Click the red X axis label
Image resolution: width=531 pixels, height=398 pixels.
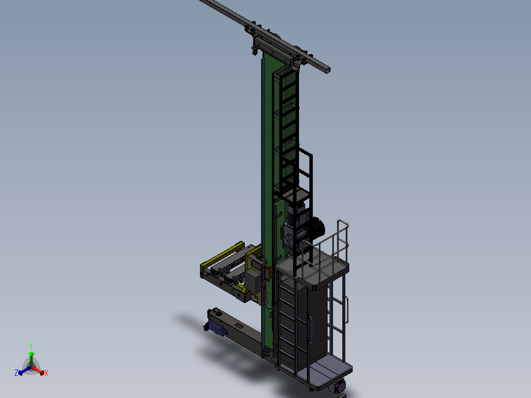pos(46,373)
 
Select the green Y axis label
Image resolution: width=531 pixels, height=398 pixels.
pos(31,346)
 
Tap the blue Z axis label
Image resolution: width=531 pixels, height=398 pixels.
pos(16,373)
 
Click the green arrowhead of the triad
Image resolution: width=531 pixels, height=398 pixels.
pos(31,354)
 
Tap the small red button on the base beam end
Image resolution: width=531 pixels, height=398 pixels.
pos(210,310)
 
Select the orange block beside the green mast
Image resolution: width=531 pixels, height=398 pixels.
pos(269,271)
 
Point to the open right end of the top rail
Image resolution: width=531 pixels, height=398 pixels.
pos(327,69)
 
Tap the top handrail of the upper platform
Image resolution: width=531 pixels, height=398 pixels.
pos(342,224)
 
